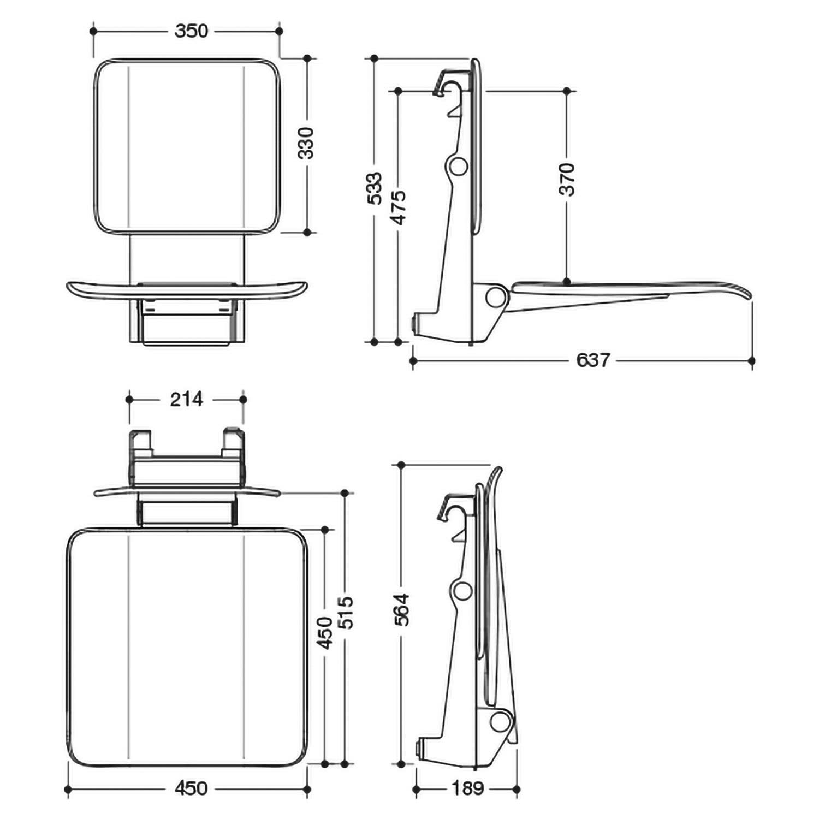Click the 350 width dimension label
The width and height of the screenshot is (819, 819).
pyautogui.click(x=191, y=31)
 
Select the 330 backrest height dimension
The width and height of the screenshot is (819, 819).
pyautogui.click(x=307, y=143)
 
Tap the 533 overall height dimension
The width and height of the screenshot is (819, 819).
pyautogui.click(x=375, y=188)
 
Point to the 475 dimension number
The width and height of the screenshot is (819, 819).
pyautogui.click(x=399, y=207)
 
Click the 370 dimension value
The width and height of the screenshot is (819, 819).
pyautogui.click(x=567, y=179)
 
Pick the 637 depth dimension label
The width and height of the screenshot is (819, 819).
pyautogui.click(x=593, y=360)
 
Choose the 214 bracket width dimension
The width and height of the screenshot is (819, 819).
pyautogui.click(x=186, y=399)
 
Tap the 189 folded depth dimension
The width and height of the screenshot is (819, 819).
pyautogui.click(x=468, y=788)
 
